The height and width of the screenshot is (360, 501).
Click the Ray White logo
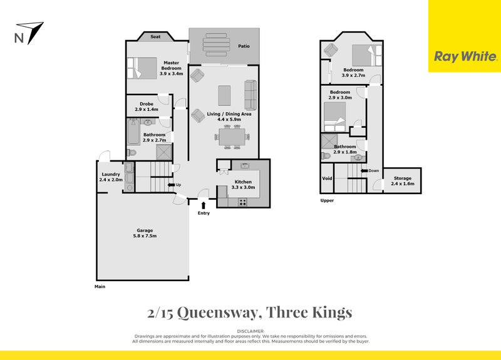[464, 56]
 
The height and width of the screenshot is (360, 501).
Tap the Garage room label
[144, 233]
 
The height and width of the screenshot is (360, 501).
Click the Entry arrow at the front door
[204, 205]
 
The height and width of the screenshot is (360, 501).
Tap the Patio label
[245, 46]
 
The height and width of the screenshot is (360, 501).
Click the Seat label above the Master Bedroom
[156, 37]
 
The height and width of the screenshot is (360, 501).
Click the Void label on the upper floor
[326, 178]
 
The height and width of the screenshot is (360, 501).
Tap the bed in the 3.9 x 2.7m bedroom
[361, 54]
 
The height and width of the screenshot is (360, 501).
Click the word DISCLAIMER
[250, 330]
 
